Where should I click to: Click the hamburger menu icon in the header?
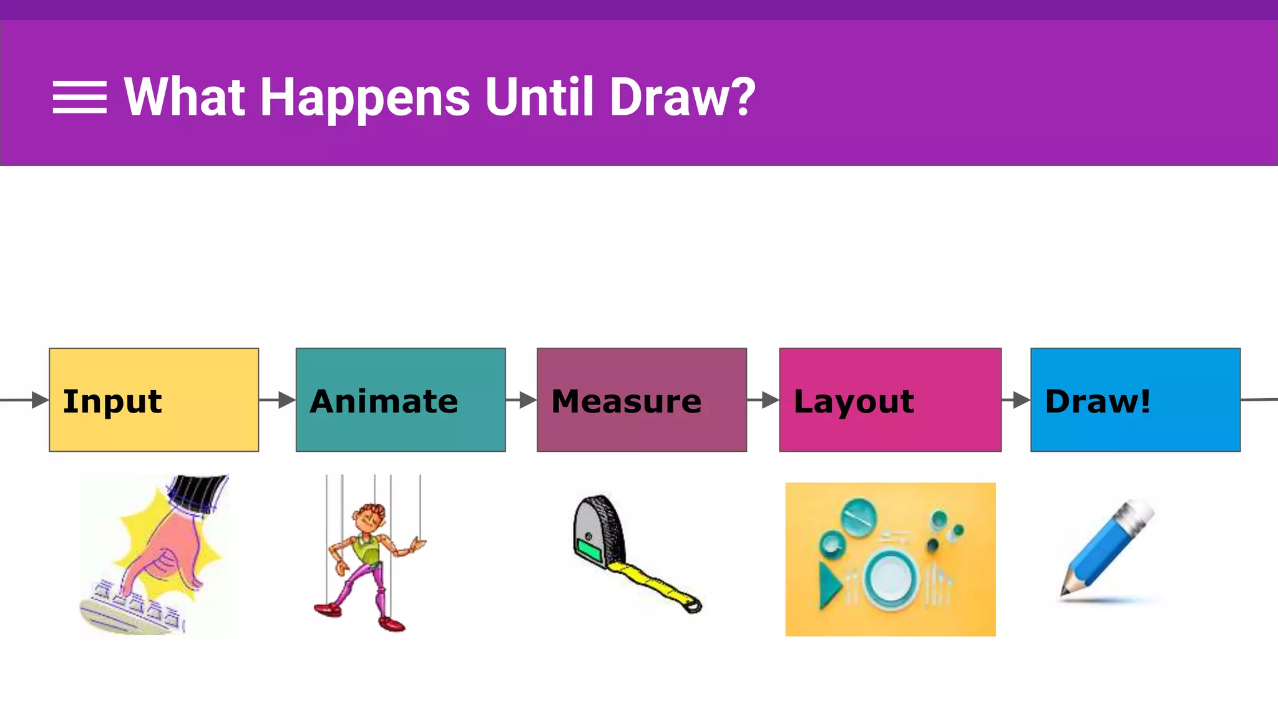pos(79,97)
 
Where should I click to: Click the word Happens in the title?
pos(364,98)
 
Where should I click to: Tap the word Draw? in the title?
pos(682,98)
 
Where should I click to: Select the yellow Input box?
pos(154,399)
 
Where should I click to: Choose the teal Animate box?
pos(401,399)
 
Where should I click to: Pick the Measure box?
pos(641,399)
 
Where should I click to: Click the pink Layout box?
pos(890,399)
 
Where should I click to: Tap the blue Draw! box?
pos(1135,399)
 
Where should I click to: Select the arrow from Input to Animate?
pos(277,399)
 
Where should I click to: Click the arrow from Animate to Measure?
pos(521,399)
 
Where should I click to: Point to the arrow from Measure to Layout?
pos(763,399)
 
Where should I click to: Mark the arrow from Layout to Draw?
pos(1016,399)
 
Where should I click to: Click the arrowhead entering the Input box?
pos(39,399)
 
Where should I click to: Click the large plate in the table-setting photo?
pos(891,577)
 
